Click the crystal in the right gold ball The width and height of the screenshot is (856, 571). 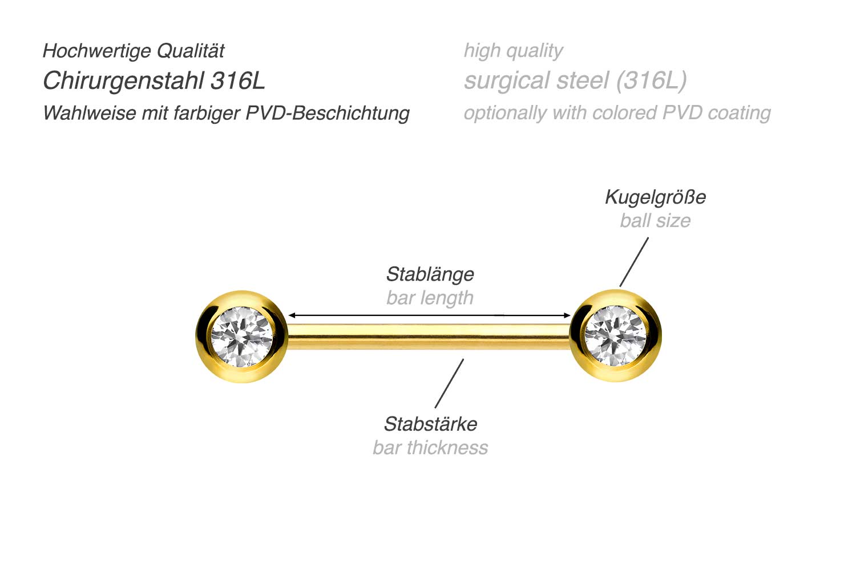pyautogui.click(x=616, y=335)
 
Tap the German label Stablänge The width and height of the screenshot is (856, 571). pyautogui.click(x=430, y=274)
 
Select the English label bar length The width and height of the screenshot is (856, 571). pyautogui.click(x=430, y=298)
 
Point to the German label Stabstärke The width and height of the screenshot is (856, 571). pyautogui.click(x=430, y=424)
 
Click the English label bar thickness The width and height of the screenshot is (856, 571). pyautogui.click(x=430, y=448)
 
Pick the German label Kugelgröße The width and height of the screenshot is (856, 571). pyautogui.click(x=655, y=197)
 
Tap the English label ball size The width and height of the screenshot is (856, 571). pyautogui.click(x=655, y=221)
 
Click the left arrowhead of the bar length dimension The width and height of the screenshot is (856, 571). pyautogui.click(x=292, y=315)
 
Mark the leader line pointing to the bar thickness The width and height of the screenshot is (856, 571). pyautogui.click(x=449, y=383)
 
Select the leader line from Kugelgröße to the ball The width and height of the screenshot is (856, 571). pyautogui.click(x=634, y=262)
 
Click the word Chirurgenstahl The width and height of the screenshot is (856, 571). pyautogui.click(x=123, y=81)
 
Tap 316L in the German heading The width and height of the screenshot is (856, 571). pyautogui.click(x=237, y=81)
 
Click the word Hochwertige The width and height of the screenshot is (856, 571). pyautogui.click(x=96, y=51)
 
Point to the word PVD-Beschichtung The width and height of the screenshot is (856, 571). pyautogui.click(x=328, y=113)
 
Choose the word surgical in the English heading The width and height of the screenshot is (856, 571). pyautogui.click(x=507, y=81)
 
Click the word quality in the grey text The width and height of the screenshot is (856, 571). pyautogui.click(x=534, y=51)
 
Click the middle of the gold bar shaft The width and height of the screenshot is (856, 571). pyautogui.click(x=429, y=337)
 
